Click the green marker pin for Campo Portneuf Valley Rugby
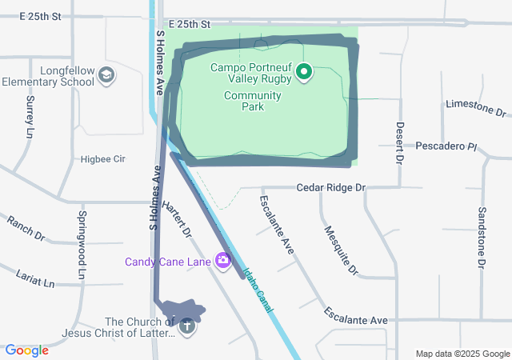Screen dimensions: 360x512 304,73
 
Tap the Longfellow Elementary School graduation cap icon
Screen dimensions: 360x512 106,76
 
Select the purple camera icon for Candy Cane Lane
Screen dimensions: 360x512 222,260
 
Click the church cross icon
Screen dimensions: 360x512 187,326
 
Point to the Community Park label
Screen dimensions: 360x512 253,101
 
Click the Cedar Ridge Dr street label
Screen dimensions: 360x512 330,187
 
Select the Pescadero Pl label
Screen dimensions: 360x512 446,146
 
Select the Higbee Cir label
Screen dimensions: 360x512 103,159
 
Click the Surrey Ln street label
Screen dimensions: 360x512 30,114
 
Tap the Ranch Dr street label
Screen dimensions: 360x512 26,228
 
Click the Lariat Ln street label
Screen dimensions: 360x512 35,278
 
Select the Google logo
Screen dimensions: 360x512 26,350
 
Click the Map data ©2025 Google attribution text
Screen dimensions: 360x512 462,354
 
